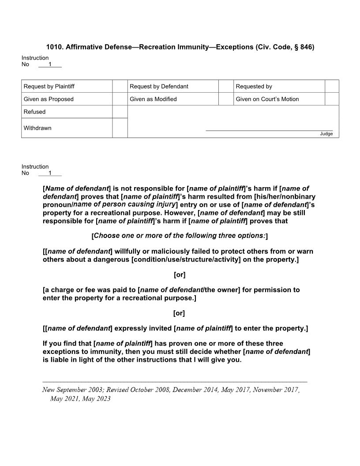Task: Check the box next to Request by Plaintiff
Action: pos(120,86)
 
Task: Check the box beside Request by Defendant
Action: pos(226,86)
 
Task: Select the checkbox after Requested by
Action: pos(332,86)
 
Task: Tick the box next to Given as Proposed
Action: pos(120,99)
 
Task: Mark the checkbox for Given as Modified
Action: pos(226,99)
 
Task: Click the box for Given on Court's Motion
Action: pos(332,99)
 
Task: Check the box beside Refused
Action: pos(120,112)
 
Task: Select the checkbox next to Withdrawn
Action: pos(120,128)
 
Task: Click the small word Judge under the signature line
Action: pos(326,134)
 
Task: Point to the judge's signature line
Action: pos(269,130)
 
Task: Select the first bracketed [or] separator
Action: pos(180,275)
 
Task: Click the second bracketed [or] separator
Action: pos(180,313)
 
